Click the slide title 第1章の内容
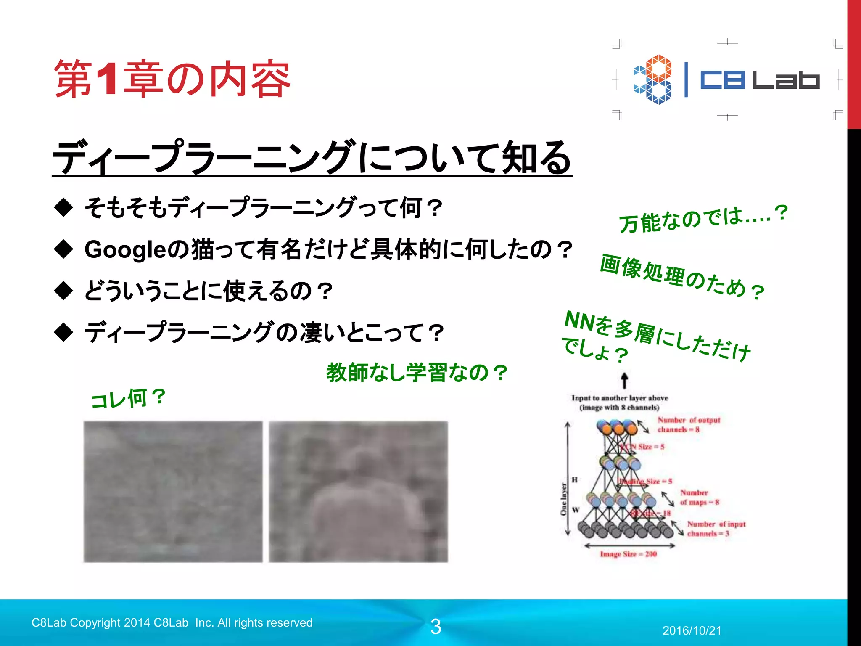[x=172, y=79]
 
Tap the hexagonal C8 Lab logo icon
[x=653, y=79]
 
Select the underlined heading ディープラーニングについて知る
[x=312, y=157]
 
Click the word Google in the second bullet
[x=126, y=249]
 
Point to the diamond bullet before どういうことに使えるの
[x=64, y=291]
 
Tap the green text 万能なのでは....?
[x=703, y=218]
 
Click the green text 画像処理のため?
[x=682, y=277]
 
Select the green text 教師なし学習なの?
[x=417, y=373]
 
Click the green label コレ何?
[x=128, y=398]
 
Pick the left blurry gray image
[x=173, y=491]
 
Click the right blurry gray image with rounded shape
[x=358, y=491]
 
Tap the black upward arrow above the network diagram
[x=625, y=381]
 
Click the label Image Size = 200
[x=628, y=554]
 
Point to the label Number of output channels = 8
[x=688, y=424]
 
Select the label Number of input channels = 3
[x=716, y=529]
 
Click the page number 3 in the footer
[x=436, y=627]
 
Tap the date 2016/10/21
[x=692, y=630]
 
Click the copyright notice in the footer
[x=172, y=622]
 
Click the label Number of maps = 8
[x=699, y=497]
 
